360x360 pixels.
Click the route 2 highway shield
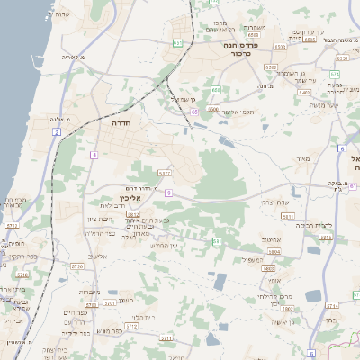(57, 132)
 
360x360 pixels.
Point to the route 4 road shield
(92, 155)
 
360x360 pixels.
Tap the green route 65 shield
(195, 112)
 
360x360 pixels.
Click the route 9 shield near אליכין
(168, 193)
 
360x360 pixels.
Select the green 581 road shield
(217, 241)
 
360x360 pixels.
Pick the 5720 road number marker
(76, 266)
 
